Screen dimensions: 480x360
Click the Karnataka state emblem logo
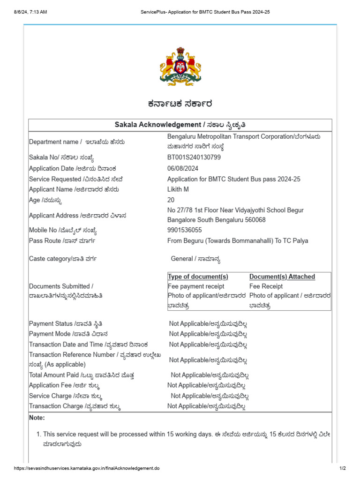pos(180,66)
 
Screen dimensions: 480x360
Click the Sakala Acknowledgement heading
pos(180,125)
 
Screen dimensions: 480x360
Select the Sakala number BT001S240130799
pos(194,157)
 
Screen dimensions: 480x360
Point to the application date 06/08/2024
pos(183,168)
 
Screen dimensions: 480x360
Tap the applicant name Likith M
pos(179,189)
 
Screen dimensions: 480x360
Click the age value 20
pos(171,200)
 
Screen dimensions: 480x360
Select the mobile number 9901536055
pos(185,230)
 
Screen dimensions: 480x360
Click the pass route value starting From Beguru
pos(238,241)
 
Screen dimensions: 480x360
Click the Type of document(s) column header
pos(198,277)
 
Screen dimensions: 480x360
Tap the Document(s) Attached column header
pos(282,277)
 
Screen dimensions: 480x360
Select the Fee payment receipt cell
pos(196,286)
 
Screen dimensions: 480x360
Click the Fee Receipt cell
pos(266,286)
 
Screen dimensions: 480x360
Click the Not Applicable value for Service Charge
pos(210,396)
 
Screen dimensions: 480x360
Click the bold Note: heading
pos(37,418)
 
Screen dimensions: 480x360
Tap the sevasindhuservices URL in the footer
pos(87,468)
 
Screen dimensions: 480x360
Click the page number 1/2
pos(342,468)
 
